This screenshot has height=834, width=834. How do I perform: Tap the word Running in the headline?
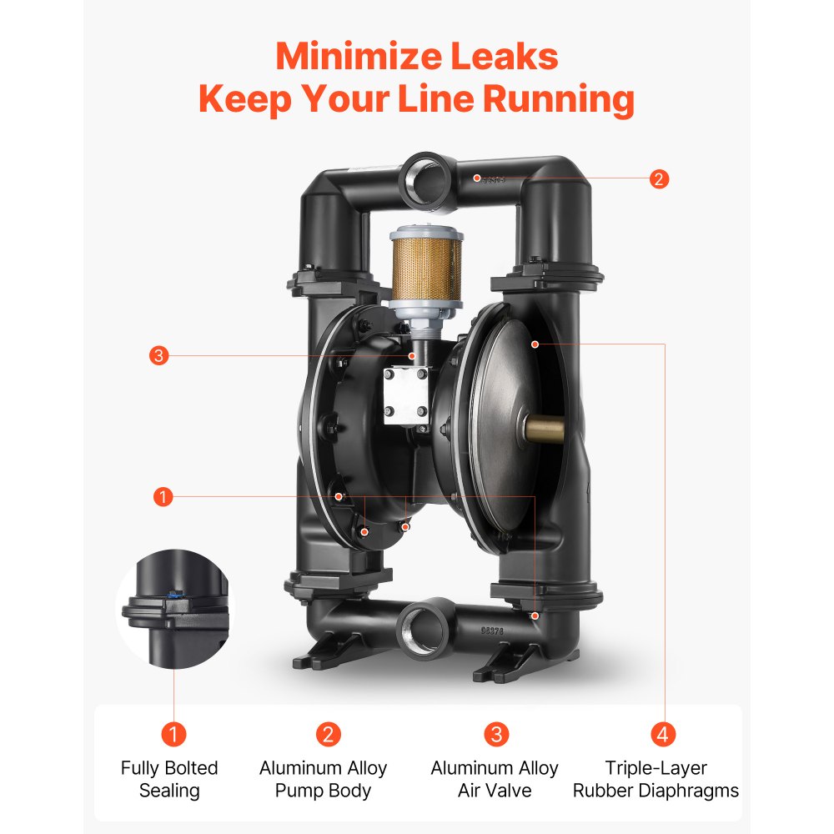pyautogui.click(x=559, y=99)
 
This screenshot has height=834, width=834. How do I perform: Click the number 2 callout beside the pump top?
pyautogui.click(x=659, y=178)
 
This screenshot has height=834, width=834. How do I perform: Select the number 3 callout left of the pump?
pyautogui.click(x=160, y=356)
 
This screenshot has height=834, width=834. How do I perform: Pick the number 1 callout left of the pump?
pyautogui.click(x=163, y=497)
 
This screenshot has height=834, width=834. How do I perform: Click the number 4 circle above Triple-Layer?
pyautogui.click(x=662, y=734)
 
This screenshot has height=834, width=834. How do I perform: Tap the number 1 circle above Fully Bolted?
pyautogui.click(x=173, y=734)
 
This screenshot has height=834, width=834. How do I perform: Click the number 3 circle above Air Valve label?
pyautogui.click(x=495, y=734)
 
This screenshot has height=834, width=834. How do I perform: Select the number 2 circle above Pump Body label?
pyautogui.click(x=328, y=734)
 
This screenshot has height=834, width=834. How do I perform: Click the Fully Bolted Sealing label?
pyautogui.click(x=169, y=779)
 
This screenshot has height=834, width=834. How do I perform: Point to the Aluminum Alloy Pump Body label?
pyautogui.click(x=323, y=779)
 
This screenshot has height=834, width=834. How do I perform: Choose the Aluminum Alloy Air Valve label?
pyautogui.click(x=495, y=779)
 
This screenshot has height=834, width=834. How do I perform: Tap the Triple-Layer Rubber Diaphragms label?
pyautogui.click(x=656, y=779)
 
